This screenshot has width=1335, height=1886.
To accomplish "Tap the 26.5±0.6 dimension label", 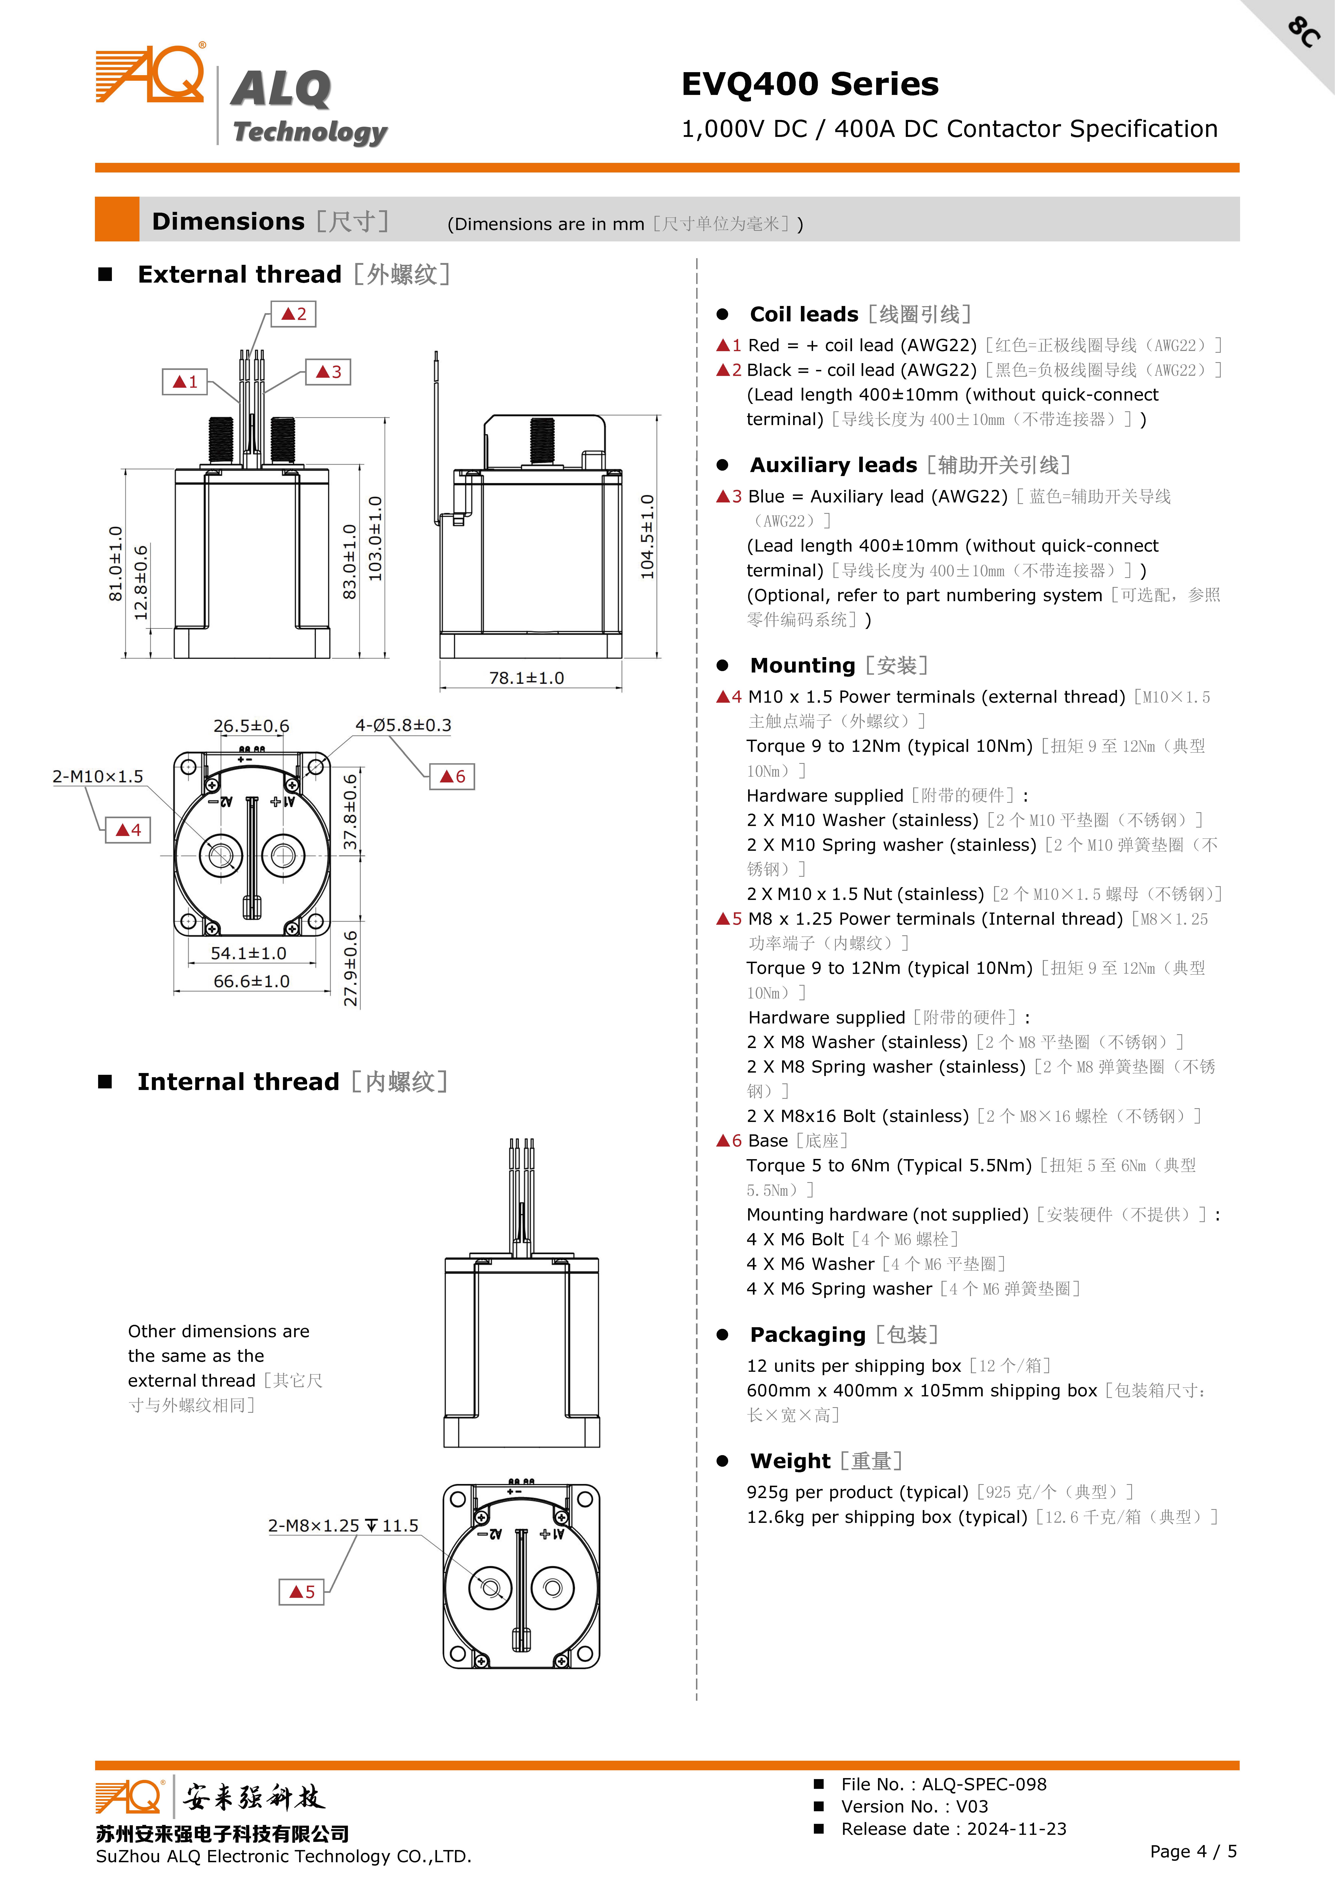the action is point(252,726).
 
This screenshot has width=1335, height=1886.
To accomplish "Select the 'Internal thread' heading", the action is point(238,1082).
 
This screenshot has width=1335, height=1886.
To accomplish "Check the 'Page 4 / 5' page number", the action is point(1193,1851).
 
